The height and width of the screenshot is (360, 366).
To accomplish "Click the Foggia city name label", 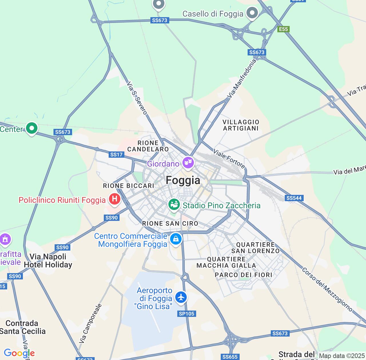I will point(183,180).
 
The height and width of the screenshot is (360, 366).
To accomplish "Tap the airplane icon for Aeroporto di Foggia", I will point(181,297).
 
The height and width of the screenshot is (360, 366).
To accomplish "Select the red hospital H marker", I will point(114,199).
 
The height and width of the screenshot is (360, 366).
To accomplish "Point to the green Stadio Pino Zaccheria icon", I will point(174,204).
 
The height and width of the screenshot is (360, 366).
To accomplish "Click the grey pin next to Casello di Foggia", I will point(252,13).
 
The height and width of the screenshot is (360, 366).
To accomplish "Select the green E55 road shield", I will point(283,29).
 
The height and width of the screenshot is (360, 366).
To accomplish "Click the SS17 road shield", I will point(116,155).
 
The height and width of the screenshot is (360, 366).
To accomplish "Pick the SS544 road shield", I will point(294,198).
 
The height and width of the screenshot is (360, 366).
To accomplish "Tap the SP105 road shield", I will point(186,314).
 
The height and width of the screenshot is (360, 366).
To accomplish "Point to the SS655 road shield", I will point(230,357).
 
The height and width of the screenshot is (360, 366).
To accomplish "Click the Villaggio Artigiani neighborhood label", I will point(241,125).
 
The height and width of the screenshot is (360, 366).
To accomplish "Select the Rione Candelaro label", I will point(148,146).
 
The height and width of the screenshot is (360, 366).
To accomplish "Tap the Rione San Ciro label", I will point(170,223).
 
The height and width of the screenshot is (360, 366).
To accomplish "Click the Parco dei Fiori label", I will point(243,275).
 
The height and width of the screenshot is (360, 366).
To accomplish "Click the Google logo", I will point(19,353).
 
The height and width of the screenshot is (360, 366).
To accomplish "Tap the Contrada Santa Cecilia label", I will point(22,327).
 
